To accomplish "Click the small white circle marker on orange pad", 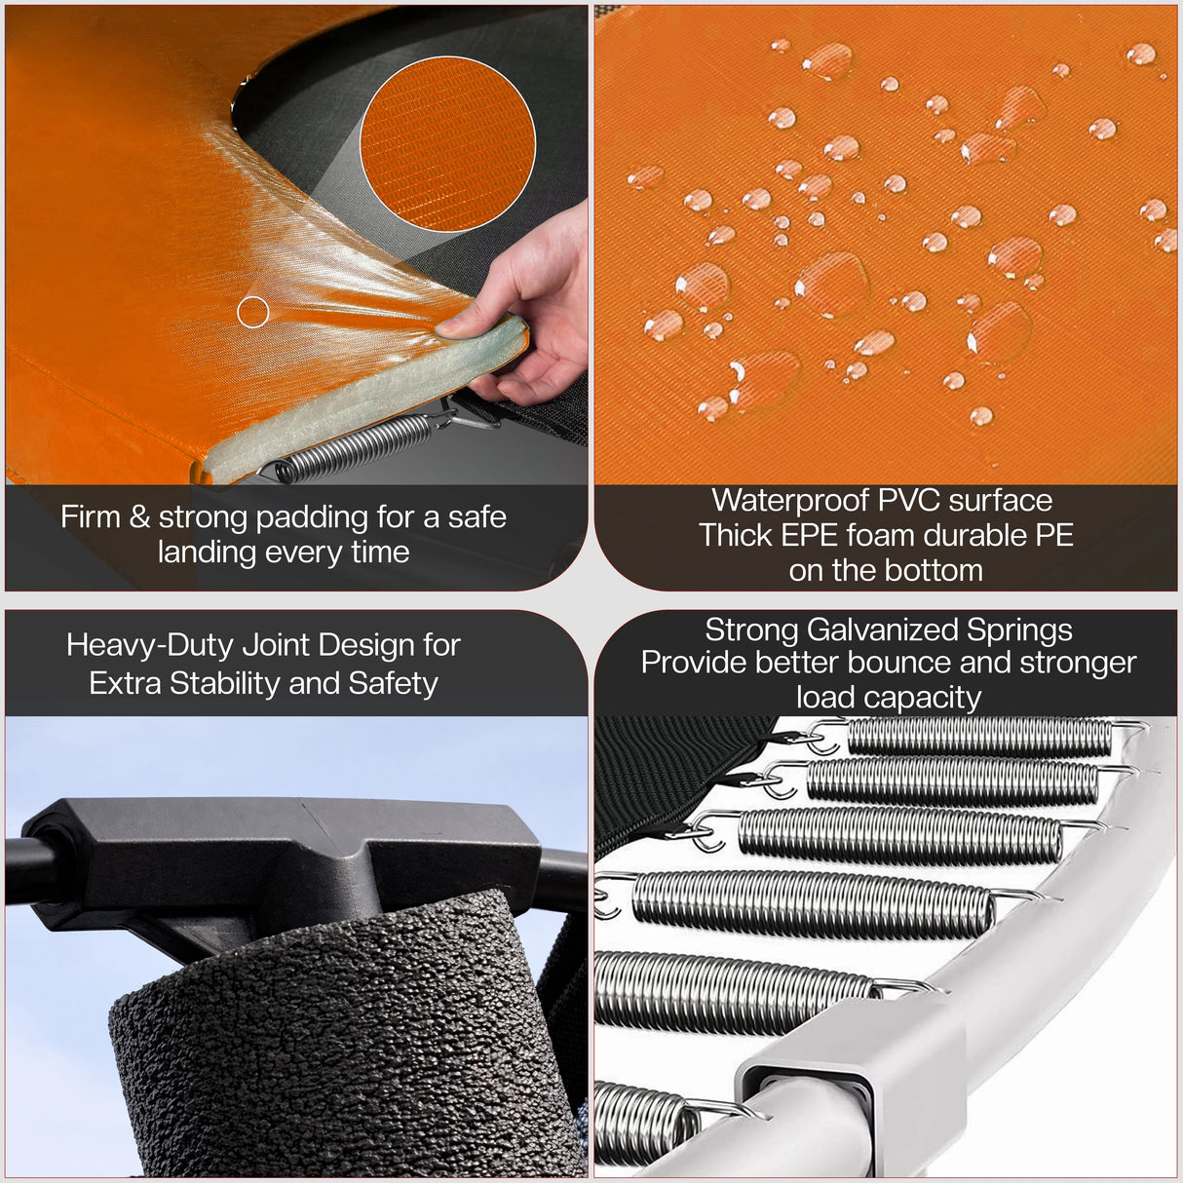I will click(253, 312).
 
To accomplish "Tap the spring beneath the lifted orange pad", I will click(356, 451).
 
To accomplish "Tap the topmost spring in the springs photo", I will click(979, 737).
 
